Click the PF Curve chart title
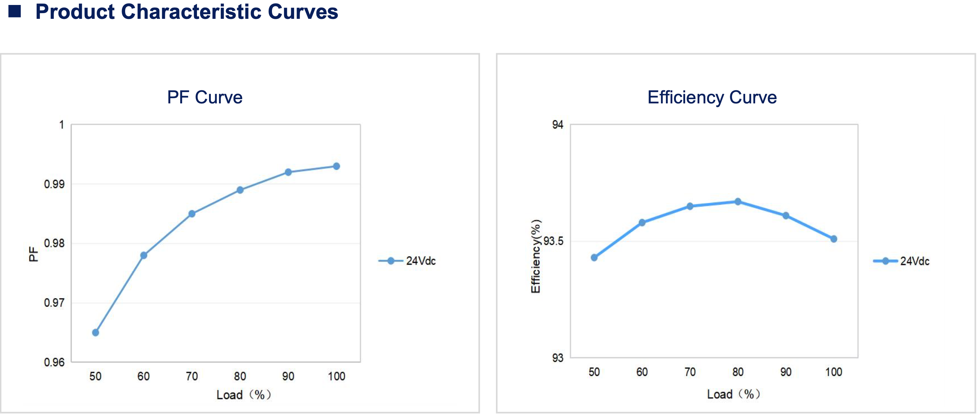204,97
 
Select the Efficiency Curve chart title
712,97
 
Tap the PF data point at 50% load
96,332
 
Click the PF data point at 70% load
192,214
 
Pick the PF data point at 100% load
336,166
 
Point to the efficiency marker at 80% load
738,201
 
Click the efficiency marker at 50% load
594,258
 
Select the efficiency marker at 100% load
834,239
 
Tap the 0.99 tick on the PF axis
54,184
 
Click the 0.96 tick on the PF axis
54,362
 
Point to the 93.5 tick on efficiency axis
553,241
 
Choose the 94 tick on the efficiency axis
557,125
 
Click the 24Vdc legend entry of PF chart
421,261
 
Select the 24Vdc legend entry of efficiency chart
914,261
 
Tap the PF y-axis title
33,254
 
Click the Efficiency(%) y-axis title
535,256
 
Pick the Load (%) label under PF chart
244,394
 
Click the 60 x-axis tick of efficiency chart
642,372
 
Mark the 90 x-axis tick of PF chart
288,376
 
